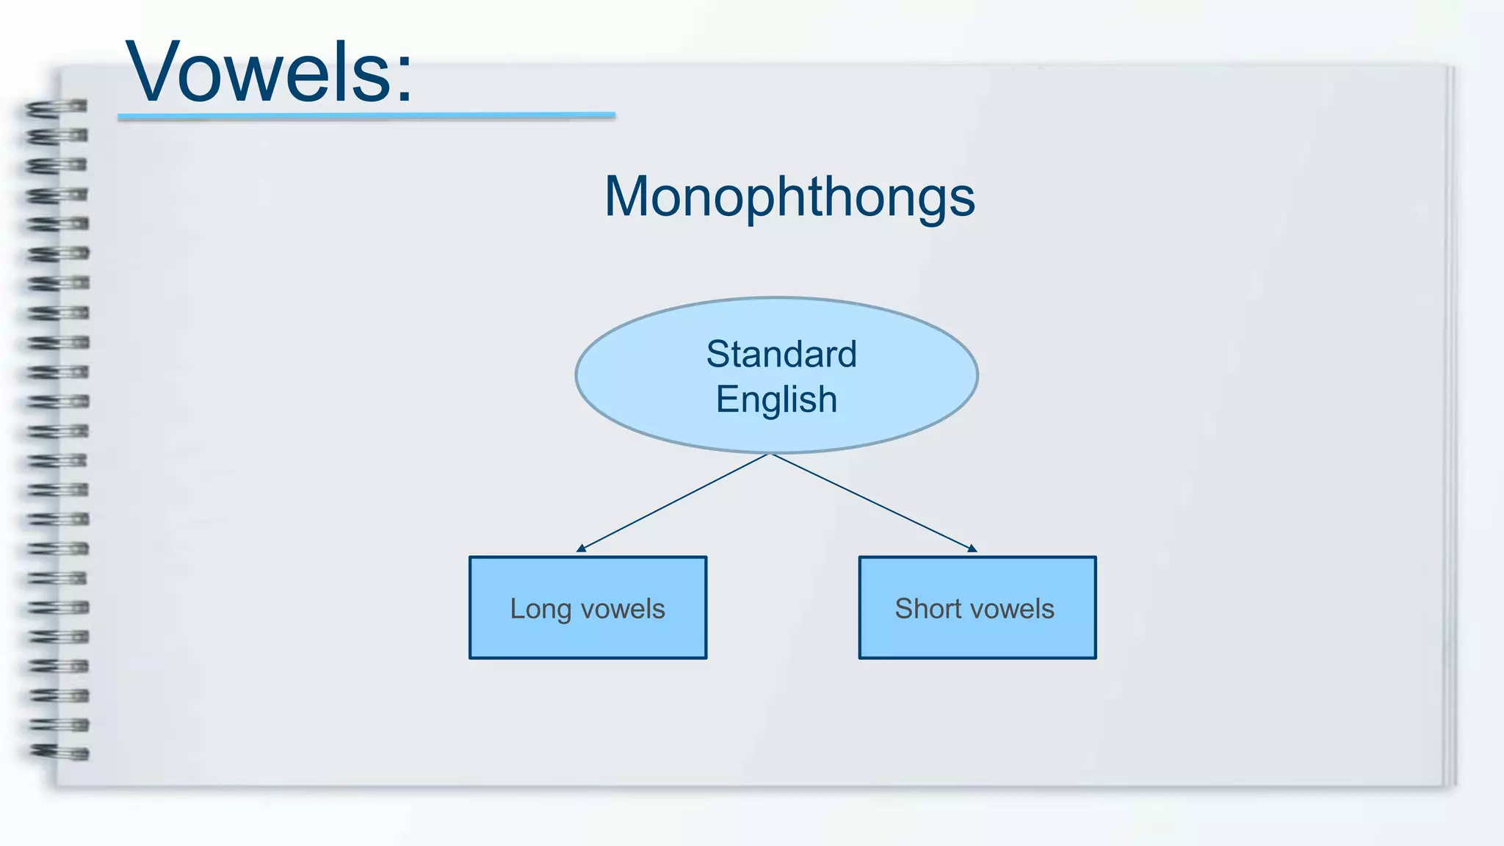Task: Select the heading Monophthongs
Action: point(789,197)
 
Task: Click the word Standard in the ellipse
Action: point(781,354)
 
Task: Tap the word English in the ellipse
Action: point(776,400)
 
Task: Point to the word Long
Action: point(540,610)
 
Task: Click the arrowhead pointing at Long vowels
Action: point(581,548)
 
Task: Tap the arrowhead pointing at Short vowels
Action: point(972,548)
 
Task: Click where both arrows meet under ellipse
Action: point(770,454)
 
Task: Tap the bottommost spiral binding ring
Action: point(59,752)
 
